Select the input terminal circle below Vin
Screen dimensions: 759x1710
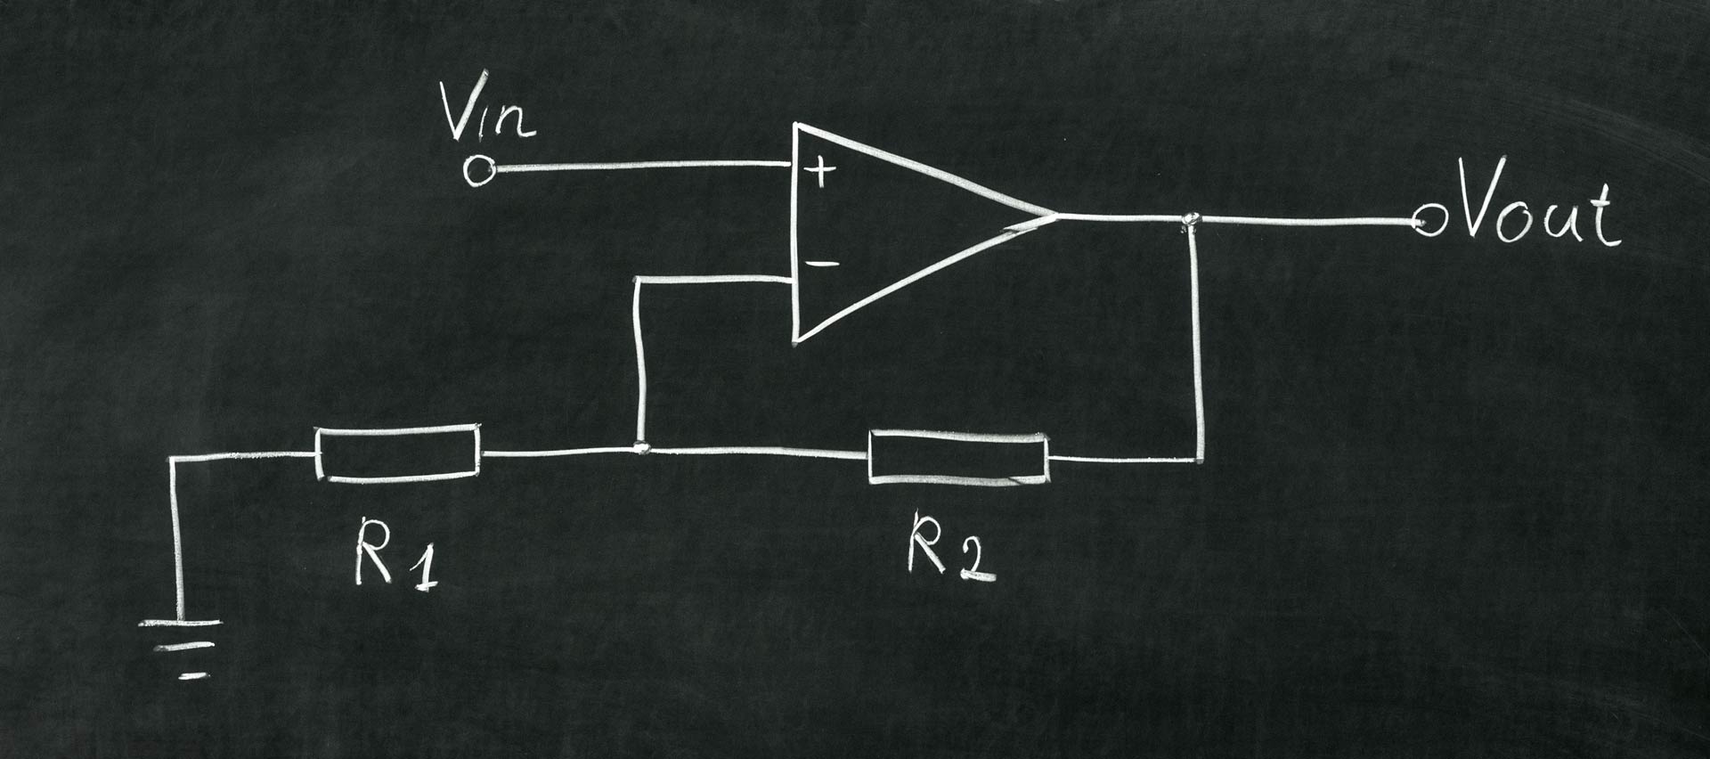point(479,171)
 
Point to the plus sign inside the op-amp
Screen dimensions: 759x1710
point(820,170)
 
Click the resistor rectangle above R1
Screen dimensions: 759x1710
point(397,453)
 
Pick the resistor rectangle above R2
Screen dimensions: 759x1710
point(958,457)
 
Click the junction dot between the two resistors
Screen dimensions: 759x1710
point(640,447)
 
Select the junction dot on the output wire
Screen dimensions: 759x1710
point(1190,219)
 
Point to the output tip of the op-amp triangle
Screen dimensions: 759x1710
point(1054,215)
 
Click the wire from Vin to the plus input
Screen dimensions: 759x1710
point(641,166)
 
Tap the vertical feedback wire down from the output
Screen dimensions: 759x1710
point(1198,347)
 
